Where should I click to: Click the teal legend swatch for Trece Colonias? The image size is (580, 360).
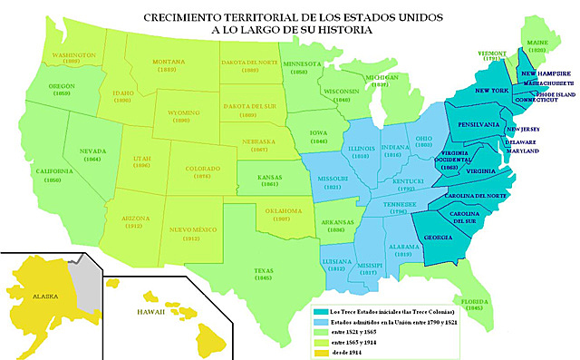326,311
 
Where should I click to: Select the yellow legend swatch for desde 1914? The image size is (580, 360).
326,355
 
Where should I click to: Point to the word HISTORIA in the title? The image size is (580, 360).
347,30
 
